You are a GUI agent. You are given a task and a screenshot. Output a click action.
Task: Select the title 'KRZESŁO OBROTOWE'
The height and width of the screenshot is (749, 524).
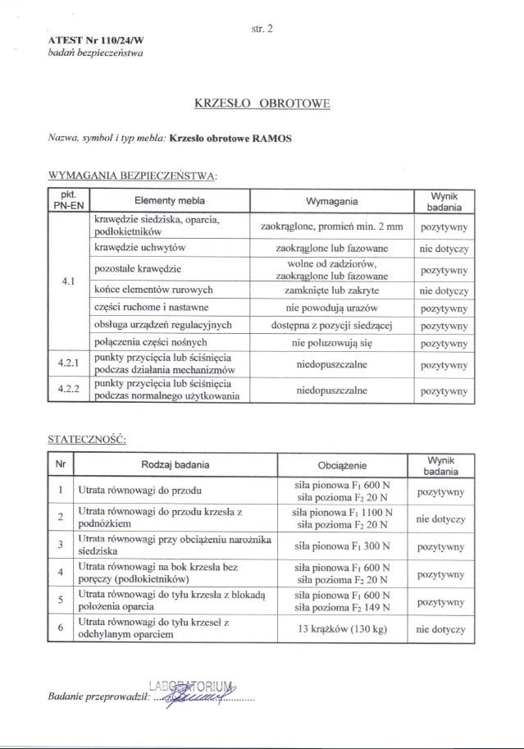[x=262, y=104]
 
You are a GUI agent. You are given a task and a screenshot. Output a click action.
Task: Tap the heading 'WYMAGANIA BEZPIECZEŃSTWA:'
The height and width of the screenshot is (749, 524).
[x=134, y=176]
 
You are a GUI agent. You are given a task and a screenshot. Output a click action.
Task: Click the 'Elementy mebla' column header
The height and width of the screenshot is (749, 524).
[x=170, y=201]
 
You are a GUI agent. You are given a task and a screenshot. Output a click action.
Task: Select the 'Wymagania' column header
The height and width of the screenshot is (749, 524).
[x=331, y=201]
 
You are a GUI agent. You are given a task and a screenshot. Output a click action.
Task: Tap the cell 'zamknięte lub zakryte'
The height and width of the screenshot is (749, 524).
[x=331, y=290]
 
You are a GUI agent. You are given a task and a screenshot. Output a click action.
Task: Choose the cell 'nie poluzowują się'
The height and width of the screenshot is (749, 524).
[x=331, y=342]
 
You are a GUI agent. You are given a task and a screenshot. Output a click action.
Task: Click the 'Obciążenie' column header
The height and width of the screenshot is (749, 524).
[x=344, y=465]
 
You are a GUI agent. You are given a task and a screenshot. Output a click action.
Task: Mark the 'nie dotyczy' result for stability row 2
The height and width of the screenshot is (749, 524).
[x=440, y=519]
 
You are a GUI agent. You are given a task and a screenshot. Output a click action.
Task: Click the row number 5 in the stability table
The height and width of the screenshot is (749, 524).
[x=61, y=601]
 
